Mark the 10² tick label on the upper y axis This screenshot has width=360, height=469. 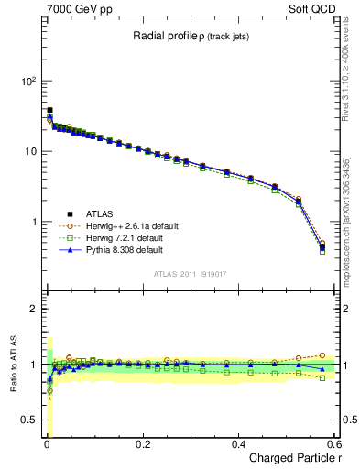28,81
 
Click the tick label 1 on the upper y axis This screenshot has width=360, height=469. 32,223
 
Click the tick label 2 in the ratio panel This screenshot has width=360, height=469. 33,309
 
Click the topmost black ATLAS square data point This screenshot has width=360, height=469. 49,110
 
